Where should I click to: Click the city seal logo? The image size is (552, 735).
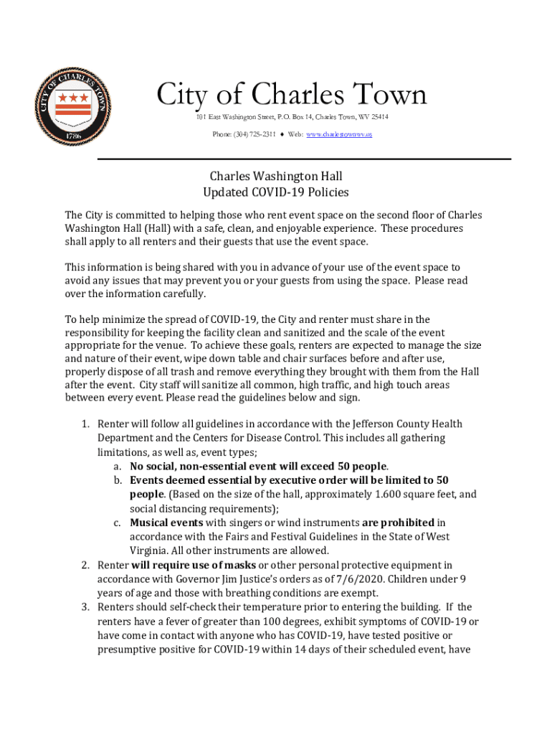[73, 107]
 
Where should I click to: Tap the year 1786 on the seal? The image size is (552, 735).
[73, 135]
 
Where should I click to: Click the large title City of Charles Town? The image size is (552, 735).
[291, 95]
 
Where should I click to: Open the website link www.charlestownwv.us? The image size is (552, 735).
[339, 134]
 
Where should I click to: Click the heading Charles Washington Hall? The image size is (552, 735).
[276, 176]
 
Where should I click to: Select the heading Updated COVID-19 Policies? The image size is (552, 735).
[276, 192]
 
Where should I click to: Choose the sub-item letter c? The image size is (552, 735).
[116, 523]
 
